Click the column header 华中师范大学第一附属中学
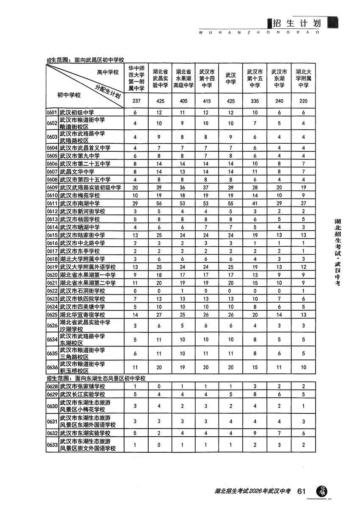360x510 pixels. click(136, 78)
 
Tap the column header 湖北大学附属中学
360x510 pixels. click(302, 78)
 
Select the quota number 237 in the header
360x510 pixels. click(136, 101)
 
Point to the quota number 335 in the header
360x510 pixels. click(255, 101)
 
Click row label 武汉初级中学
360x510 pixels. click(76, 113)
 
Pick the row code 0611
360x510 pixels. click(52, 204)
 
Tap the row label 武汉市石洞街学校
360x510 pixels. click(80, 291)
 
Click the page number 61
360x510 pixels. click(302, 491)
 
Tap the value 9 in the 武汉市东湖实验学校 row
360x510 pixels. click(255, 433)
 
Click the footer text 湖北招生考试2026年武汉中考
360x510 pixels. click(252, 492)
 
